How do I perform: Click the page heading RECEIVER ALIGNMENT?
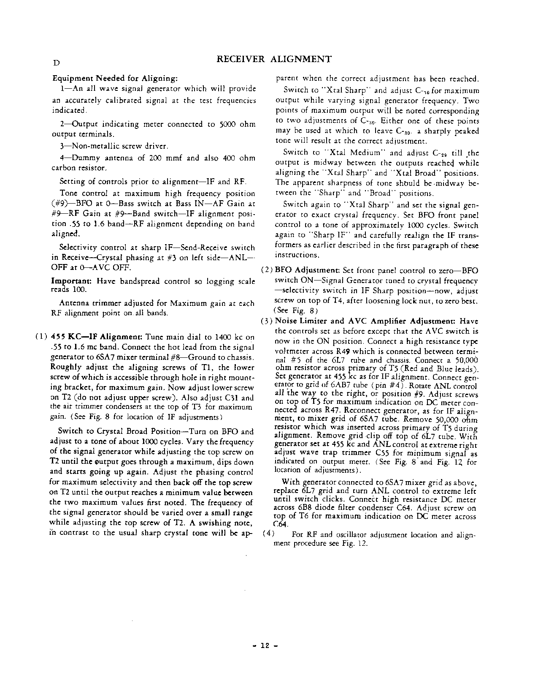pyautogui.click(x=273, y=59)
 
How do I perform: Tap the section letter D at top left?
pyautogui.click(x=55, y=63)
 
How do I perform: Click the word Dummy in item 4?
pyautogui.click(x=87, y=158)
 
